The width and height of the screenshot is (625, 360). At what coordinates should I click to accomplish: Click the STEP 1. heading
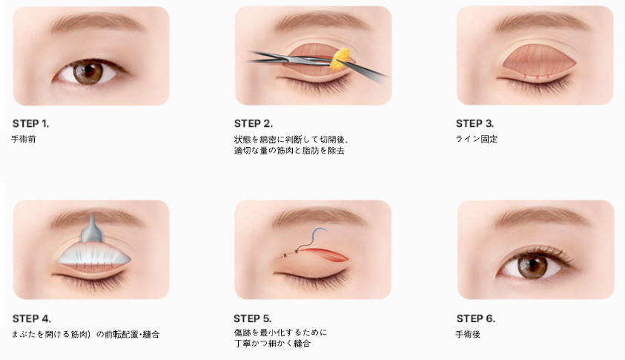pyautogui.click(x=30, y=124)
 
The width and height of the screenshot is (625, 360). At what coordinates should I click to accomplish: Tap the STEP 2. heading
pyautogui.click(x=254, y=124)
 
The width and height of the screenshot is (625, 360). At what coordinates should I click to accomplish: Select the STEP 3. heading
pyautogui.click(x=474, y=124)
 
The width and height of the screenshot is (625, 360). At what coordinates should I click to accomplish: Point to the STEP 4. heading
pyautogui.click(x=31, y=318)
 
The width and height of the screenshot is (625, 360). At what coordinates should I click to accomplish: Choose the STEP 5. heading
pyautogui.click(x=252, y=318)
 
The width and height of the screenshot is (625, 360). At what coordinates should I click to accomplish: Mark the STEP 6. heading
pyautogui.click(x=476, y=318)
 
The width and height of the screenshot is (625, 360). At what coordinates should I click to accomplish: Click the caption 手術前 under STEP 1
pyautogui.click(x=23, y=140)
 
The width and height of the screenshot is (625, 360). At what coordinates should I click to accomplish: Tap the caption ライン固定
pyautogui.click(x=476, y=140)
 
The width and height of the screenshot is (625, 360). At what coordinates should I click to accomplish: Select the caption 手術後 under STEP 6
pyautogui.click(x=468, y=334)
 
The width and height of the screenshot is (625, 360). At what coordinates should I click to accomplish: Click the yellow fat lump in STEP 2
pyautogui.click(x=340, y=59)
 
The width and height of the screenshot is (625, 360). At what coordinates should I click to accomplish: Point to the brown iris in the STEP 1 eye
pyautogui.click(x=88, y=72)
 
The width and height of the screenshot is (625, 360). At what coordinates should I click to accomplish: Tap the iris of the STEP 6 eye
pyautogui.click(x=532, y=266)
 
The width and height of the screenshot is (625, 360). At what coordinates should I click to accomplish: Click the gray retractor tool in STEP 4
pyautogui.click(x=93, y=230)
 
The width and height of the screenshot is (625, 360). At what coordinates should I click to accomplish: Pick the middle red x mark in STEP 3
pyautogui.click(x=537, y=77)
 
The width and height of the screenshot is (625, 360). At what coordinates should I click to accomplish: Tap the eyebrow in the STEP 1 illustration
pyautogui.click(x=98, y=23)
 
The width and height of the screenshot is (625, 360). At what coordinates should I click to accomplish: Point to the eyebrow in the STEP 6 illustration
pyautogui.click(x=542, y=217)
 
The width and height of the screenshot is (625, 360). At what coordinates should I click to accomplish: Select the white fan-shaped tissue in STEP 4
pyautogui.click(x=94, y=255)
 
